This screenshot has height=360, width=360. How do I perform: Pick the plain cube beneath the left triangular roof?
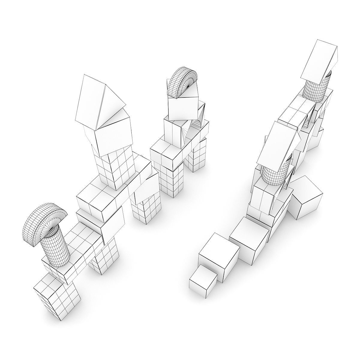pyautogui.click(x=112, y=133)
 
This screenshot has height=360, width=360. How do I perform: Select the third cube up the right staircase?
pyautogui.click(x=249, y=240)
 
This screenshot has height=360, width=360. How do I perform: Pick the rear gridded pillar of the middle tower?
pyautogui.click(x=195, y=157)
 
